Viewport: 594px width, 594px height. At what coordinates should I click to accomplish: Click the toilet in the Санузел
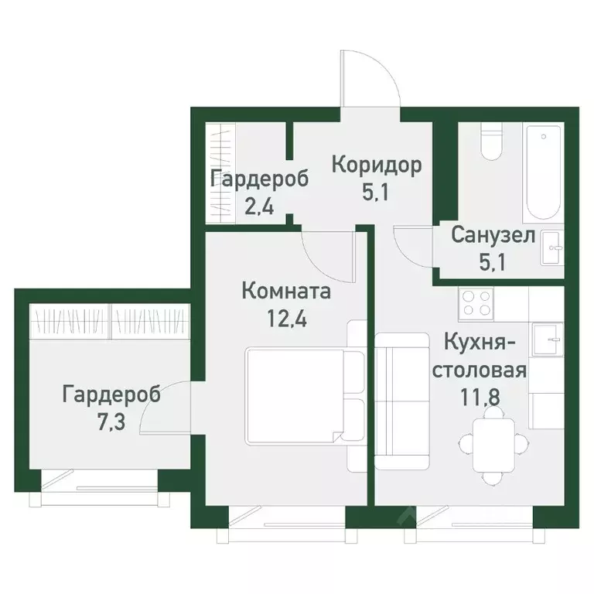click(490, 142)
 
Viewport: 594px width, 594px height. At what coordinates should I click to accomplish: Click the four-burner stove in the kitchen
click(476, 302)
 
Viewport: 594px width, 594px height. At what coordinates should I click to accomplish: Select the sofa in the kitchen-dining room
click(402, 402)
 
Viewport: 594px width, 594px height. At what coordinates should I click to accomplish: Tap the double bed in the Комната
click(304, 394)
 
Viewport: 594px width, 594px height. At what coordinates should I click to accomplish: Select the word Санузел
click(493, 235)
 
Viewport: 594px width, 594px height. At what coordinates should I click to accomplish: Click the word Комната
click(286, 292)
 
